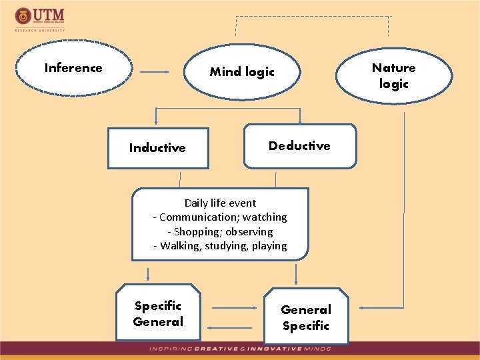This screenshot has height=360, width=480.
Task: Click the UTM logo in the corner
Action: [40, 18]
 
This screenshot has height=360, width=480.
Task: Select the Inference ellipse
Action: [73, 68]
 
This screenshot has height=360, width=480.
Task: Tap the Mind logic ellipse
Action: [242, 72]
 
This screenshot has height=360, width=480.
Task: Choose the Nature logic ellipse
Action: [393, 75]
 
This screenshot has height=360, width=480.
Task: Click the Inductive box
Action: [158, 148]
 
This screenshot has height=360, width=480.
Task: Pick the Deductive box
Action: [299, 146]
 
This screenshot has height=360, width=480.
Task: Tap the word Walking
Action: [181, 246]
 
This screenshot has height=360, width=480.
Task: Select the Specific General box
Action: [158, 314]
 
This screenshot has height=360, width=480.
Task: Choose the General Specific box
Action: [306, 317]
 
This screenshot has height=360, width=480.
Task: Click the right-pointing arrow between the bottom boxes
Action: [235, 308]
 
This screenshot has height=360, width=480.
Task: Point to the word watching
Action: [265, 217]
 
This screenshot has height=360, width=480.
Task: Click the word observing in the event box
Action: [250, 232]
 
